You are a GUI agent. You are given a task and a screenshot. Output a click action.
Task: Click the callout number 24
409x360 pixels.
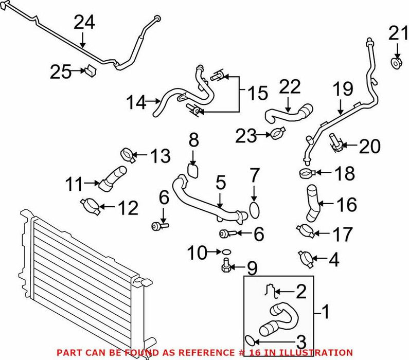tap(84, 23)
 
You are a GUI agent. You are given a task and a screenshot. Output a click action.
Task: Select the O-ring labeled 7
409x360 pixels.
tap(255, 210)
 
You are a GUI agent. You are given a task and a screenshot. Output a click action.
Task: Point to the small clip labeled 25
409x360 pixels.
tap(90, 70)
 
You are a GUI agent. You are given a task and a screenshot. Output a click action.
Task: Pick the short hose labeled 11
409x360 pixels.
tap(113, 178)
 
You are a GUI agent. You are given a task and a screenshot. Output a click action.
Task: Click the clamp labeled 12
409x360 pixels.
tap(90, 206)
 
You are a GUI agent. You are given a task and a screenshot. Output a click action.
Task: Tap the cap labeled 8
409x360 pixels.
tap(193, 171)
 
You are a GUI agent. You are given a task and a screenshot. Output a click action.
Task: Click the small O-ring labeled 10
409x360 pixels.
tap(227, 252)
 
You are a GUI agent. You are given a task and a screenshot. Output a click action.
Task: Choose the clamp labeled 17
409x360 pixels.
tap(306, 231)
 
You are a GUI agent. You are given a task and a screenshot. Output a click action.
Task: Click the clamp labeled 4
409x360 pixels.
tap(306, 259)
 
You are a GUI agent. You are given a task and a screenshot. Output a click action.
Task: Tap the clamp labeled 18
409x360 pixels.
tap(307, 173)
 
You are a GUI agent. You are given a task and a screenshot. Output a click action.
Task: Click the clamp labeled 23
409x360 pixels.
tap(277, 134)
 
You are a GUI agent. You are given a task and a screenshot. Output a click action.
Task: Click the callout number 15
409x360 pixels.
tap(257, 93)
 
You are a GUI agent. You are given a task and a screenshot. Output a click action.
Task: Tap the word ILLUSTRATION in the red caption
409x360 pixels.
tap(316, 353)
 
